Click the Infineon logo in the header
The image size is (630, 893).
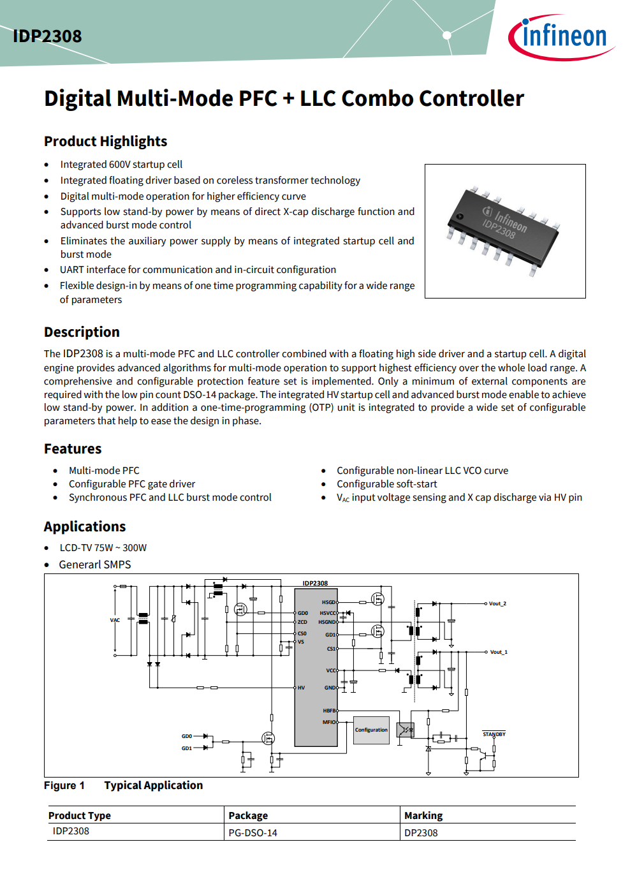click(x=561, y=36)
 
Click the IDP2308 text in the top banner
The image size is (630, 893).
click(x=47, y=36)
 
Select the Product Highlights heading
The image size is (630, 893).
click(x=105, y=142)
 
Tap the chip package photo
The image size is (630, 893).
click(x=505, y=231)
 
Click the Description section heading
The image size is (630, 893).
click(x=82, y=332)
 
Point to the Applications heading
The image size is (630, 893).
click(x=85, y=527)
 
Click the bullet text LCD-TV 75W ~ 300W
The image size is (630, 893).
click(x=103, y=548)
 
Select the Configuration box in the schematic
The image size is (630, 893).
click(x=371, y=730)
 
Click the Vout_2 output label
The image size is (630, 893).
click(x=497, y=603)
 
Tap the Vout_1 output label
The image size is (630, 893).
click(x=499, y=652)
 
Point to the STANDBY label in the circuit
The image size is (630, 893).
click(x=494, y=734)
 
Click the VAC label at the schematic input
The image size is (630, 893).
click(x=115, y=620)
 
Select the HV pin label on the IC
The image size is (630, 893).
click(x=301, y=688)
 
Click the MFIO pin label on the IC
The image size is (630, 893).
click(x=328, y=722)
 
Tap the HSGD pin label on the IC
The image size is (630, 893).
click(x=328, y=602)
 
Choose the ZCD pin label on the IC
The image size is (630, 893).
click(x=302, y=622)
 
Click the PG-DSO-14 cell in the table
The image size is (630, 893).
click(x=253, y=833)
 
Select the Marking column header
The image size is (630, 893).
click(x=423, y=816)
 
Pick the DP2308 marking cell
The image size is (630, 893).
click(x=421, y=833)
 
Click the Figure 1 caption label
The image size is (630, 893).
click(x=64, y=786)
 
